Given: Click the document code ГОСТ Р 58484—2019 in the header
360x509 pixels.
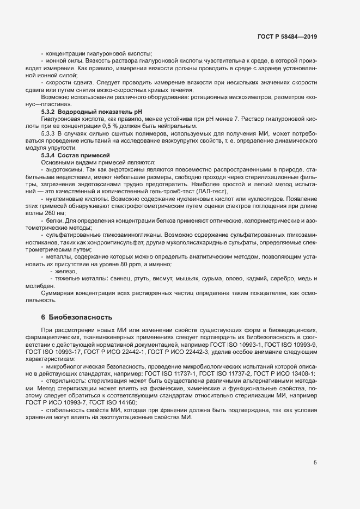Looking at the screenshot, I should click(x=287, y=37).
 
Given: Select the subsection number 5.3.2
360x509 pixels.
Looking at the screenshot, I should click(x=49, y=111).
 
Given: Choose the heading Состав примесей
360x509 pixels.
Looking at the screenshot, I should click(x=87, y=155).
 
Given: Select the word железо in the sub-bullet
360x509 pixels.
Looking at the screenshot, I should click(x=65, y=271).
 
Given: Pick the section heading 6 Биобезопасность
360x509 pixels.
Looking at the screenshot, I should click(x=76, y=317).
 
